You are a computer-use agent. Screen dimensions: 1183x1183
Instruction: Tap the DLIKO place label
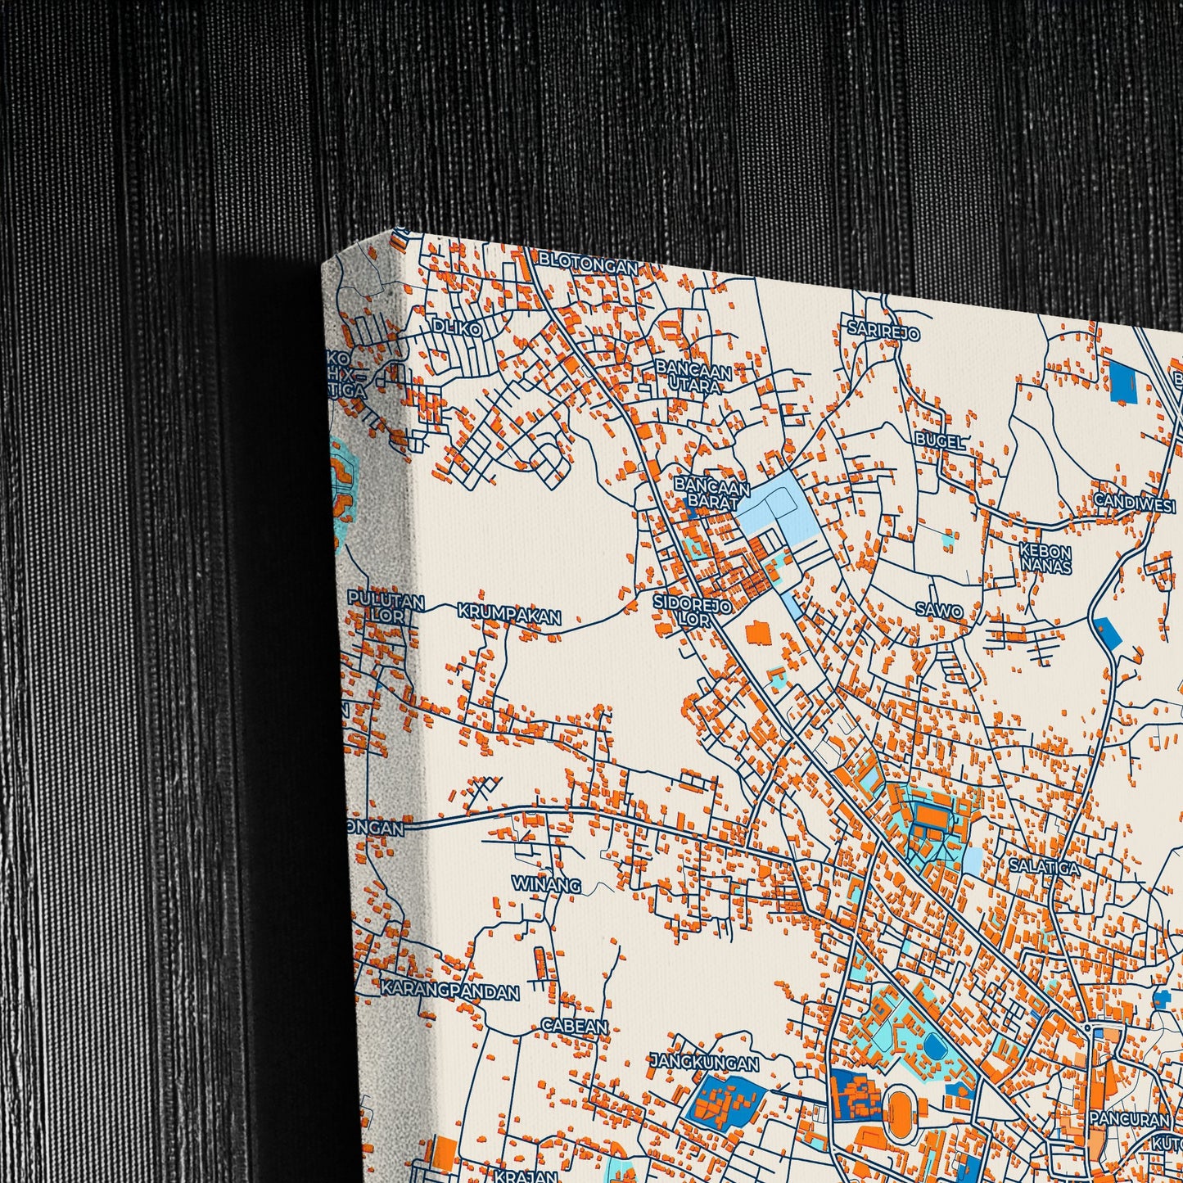[x=458, y=327]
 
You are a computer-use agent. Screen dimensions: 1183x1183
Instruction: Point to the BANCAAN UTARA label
[x=693, y=377]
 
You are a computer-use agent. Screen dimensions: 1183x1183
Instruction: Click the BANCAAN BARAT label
[x=711, y=493]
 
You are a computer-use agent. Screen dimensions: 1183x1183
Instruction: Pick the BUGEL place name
[x=940, y=440]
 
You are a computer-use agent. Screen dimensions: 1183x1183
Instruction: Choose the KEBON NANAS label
[x=1045, y=557]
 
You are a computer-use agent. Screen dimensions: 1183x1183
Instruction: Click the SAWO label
[x=939, y=609]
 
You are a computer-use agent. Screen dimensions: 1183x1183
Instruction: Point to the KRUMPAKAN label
[x=508, y=614]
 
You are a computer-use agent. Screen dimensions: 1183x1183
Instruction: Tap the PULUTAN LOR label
[x=386, y=608]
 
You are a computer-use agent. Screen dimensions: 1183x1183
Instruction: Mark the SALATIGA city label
[x=1043, y=865]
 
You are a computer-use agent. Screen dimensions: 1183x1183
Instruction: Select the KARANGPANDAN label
[x=449, y=991]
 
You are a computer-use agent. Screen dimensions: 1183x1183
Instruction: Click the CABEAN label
[x=575, y=1026]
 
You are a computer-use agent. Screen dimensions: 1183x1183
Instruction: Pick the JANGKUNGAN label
[x=704, y=1063]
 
